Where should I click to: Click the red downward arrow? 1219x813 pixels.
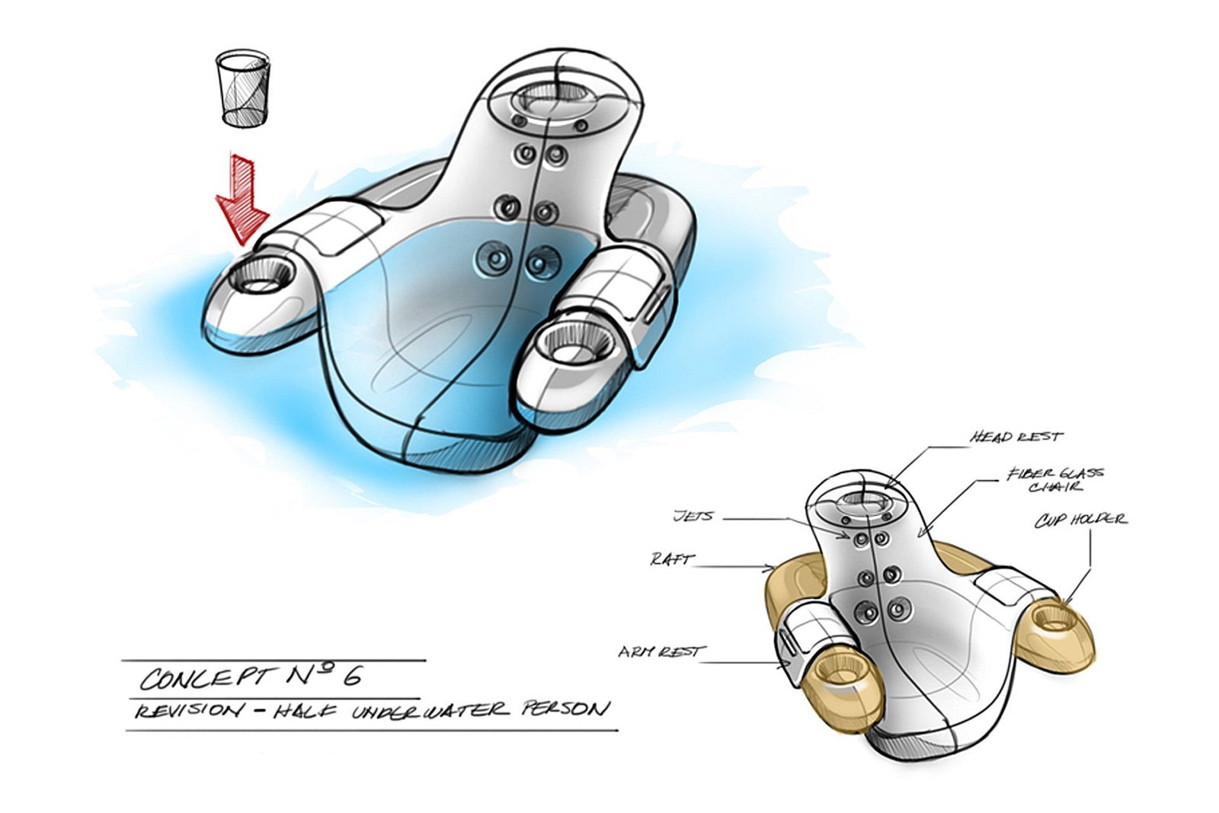click(242, 199)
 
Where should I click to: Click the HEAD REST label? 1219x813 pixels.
click(1016, 437)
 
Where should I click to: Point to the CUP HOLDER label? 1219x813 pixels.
click(1080, 520)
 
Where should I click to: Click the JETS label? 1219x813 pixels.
click(693, 516)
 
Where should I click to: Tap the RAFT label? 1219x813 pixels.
click(673, 559)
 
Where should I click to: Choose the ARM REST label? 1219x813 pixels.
click(661, 651)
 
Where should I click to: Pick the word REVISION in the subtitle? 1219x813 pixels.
click(186, 711)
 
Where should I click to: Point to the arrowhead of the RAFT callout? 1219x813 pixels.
click(773, 569)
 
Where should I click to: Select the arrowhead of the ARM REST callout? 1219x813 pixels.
click(786, 664)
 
